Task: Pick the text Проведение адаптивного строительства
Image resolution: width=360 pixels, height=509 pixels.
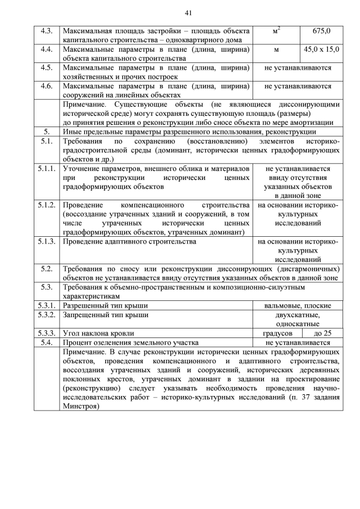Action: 129,241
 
